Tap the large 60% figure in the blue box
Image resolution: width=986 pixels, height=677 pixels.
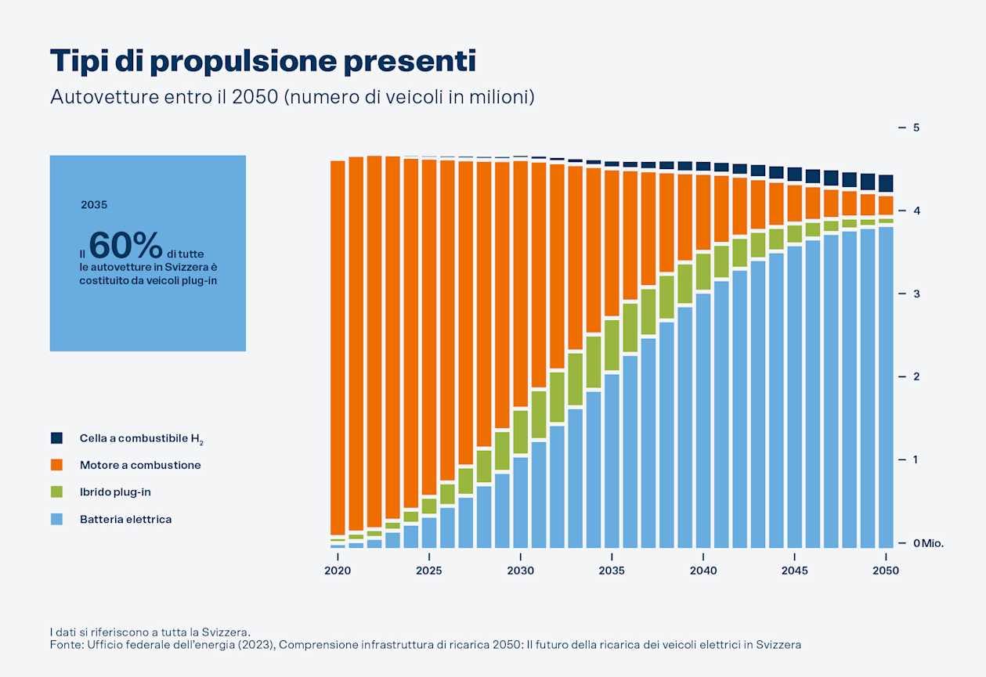tap(125, 245)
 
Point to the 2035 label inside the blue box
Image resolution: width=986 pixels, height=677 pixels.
tap(94, 205)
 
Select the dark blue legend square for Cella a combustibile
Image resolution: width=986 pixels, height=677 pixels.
tap(56, 438)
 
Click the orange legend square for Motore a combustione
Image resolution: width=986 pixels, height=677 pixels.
tap(56, 465)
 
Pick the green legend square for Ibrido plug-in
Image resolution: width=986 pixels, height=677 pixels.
tap(56, 492)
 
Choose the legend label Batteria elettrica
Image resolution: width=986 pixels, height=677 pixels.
tap(125, 519)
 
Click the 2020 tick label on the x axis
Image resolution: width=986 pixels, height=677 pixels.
tap(338, 571)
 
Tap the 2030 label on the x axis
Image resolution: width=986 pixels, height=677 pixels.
tap(521, 571)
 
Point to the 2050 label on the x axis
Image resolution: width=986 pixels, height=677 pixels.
tap(886, 571)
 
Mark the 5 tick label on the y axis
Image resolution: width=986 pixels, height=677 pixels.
tap(915, 128)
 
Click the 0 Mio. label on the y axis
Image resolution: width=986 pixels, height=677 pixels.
tap(928, 543)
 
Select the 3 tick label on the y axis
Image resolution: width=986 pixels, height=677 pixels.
tap(915, 294)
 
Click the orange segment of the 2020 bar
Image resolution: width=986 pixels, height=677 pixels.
tap(338, 344)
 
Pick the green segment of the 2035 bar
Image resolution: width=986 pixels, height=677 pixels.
tap(612, 345)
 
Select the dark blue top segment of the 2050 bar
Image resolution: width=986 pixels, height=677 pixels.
tap(886, 183)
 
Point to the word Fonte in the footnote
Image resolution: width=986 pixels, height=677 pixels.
tap(63, 645)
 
